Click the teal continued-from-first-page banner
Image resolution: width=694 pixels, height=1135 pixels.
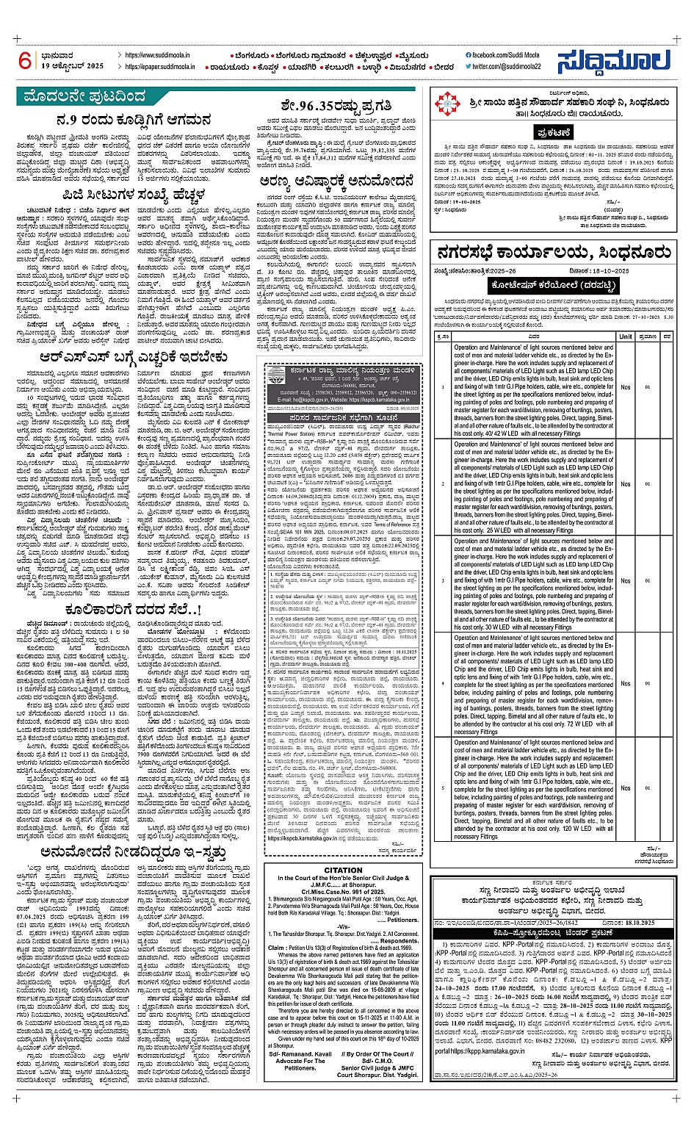84,97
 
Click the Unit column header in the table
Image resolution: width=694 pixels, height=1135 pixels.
625,336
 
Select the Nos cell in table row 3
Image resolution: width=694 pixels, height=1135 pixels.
625,580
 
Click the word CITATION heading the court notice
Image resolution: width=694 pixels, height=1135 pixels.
343,870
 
